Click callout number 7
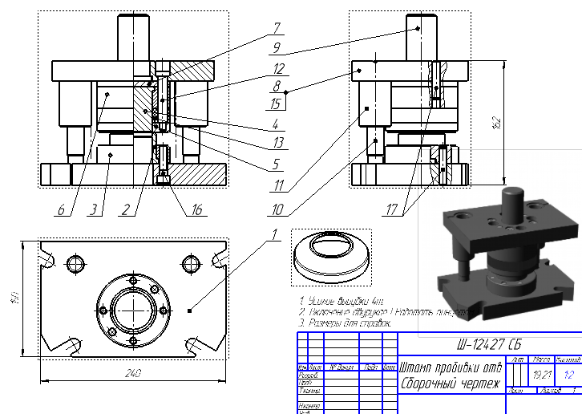276,27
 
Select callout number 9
276,47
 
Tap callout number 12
276,68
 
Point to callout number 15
276,103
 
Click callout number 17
392,211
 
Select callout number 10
277,210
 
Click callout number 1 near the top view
273,235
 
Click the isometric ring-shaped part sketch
330,254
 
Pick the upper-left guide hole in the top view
76,263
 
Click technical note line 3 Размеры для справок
345,322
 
